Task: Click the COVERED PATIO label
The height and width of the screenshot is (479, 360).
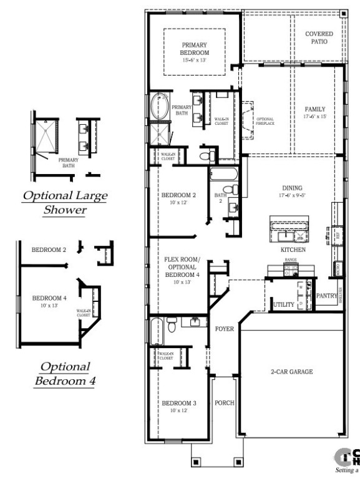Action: [318, 37]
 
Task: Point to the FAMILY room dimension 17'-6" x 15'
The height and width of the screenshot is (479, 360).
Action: [315, 116]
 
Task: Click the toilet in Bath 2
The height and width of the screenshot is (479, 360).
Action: [229, 189]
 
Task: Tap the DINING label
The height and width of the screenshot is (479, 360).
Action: [291, 188]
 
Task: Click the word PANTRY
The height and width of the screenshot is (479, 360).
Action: [328, 296]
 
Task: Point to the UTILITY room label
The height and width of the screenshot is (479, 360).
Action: [283, 304]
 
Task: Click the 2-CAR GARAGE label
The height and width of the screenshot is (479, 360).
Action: [292, 372]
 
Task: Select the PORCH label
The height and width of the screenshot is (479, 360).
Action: [225, 403]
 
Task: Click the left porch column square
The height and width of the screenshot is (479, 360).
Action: [195, 462]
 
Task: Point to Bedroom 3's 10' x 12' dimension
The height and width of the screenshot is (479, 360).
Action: [179, 411]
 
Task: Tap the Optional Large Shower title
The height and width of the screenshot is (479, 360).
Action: [65, 203]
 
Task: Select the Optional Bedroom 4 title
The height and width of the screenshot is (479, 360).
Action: [65, 373]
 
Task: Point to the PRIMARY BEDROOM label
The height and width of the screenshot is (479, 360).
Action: [195, 49]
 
